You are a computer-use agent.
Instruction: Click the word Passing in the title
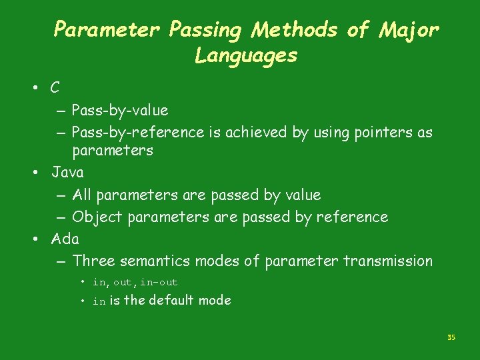coord(206,30)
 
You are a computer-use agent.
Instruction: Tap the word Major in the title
coord(409,30)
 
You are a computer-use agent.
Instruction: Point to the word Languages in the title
coord(246,56)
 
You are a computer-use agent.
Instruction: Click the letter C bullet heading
coord(55,87)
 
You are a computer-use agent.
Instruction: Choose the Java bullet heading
coord(68,173)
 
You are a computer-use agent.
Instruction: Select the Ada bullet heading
coord(65,239)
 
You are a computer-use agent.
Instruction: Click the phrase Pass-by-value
coord(120,110)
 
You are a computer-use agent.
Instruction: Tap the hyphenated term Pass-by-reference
coord(138,132)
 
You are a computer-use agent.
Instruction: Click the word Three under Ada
coord(93,261)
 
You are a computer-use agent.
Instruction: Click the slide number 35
coord(451,338)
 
